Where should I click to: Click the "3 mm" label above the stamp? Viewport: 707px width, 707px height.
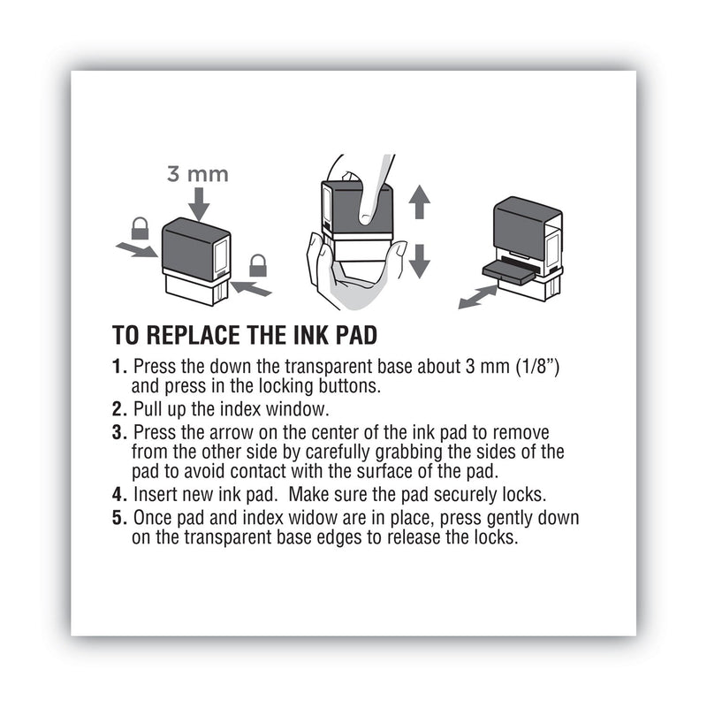pos(198,174)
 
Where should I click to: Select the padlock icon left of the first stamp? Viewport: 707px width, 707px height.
pos(140,229)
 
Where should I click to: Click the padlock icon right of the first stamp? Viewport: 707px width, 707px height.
pos(257,264)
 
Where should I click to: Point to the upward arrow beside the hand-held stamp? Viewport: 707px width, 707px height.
pos(420,203)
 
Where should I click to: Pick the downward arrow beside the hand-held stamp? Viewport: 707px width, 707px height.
pos(420,261)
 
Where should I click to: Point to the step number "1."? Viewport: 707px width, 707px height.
pos(119,366)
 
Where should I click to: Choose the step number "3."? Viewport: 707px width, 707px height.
pos(119,432)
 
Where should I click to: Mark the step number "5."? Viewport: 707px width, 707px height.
pos(119,517)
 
